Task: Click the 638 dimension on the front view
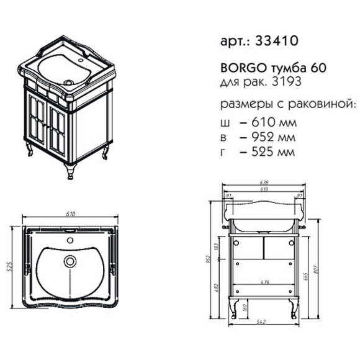[x=265, y=184]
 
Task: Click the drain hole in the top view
[x=71, y=261]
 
